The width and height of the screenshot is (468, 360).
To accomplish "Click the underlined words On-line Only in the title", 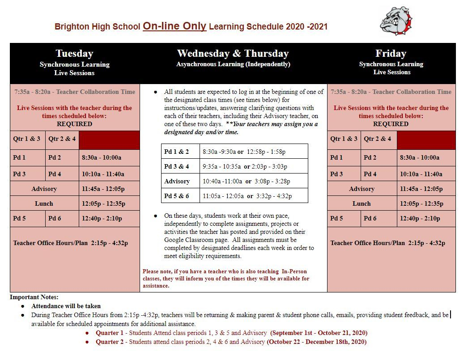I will [x=174, y=26].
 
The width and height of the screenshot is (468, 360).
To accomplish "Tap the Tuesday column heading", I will [x=74, y=54].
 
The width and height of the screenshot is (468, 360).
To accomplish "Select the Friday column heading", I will [x=391, y=54].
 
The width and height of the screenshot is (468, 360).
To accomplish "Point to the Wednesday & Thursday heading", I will [x=233, y=54].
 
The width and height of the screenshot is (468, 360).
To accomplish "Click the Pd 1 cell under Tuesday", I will [x=20, y=157].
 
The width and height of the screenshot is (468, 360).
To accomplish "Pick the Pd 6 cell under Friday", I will [x=370, y=218].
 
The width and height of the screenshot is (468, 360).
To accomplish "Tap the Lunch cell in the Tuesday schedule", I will [x=44, y=203].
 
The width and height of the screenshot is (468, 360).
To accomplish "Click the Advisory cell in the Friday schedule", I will [x=362, y=189].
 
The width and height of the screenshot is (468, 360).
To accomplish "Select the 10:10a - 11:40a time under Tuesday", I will [x=103, y=174].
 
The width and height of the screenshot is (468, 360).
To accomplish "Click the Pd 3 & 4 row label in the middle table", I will [x=177, y=166].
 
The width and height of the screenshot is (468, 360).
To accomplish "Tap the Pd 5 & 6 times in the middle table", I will [x=247, y=196].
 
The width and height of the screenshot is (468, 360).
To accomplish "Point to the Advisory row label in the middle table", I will [x=177, y=181].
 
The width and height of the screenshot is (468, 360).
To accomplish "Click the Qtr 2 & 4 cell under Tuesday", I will [x=62, y=139].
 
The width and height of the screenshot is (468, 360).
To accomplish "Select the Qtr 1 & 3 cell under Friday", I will [x=344, y=139].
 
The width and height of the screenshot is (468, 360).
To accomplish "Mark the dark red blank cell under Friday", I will [x=426, y=140].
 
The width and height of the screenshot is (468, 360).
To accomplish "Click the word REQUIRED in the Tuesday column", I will [x=74, y=124].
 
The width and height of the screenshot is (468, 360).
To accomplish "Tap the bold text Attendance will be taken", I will [x=66, y=306].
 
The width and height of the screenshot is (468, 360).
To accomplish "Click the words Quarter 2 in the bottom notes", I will [x=110, y=342].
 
